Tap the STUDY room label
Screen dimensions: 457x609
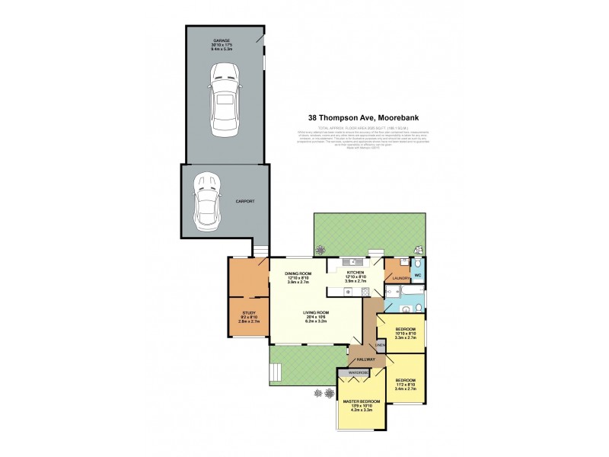tap(248, 312)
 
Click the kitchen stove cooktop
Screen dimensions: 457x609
tap(340, 291)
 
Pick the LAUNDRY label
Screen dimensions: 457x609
tap(401, 278)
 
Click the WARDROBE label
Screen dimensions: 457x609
tap(358, 372)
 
